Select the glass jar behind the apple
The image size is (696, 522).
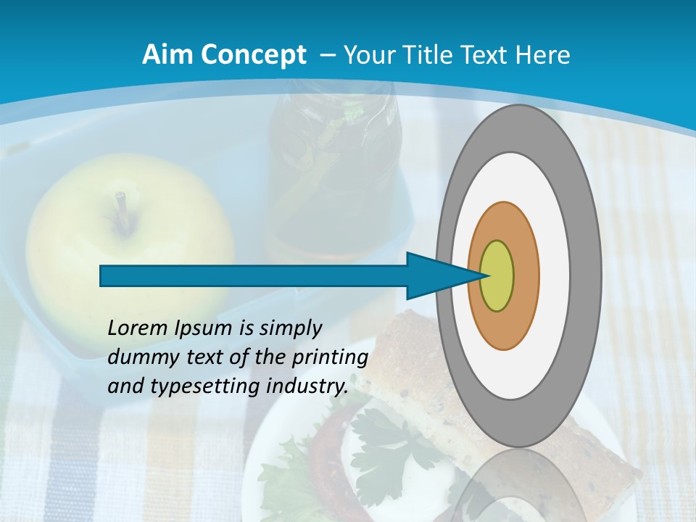[x=333, y=167]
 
